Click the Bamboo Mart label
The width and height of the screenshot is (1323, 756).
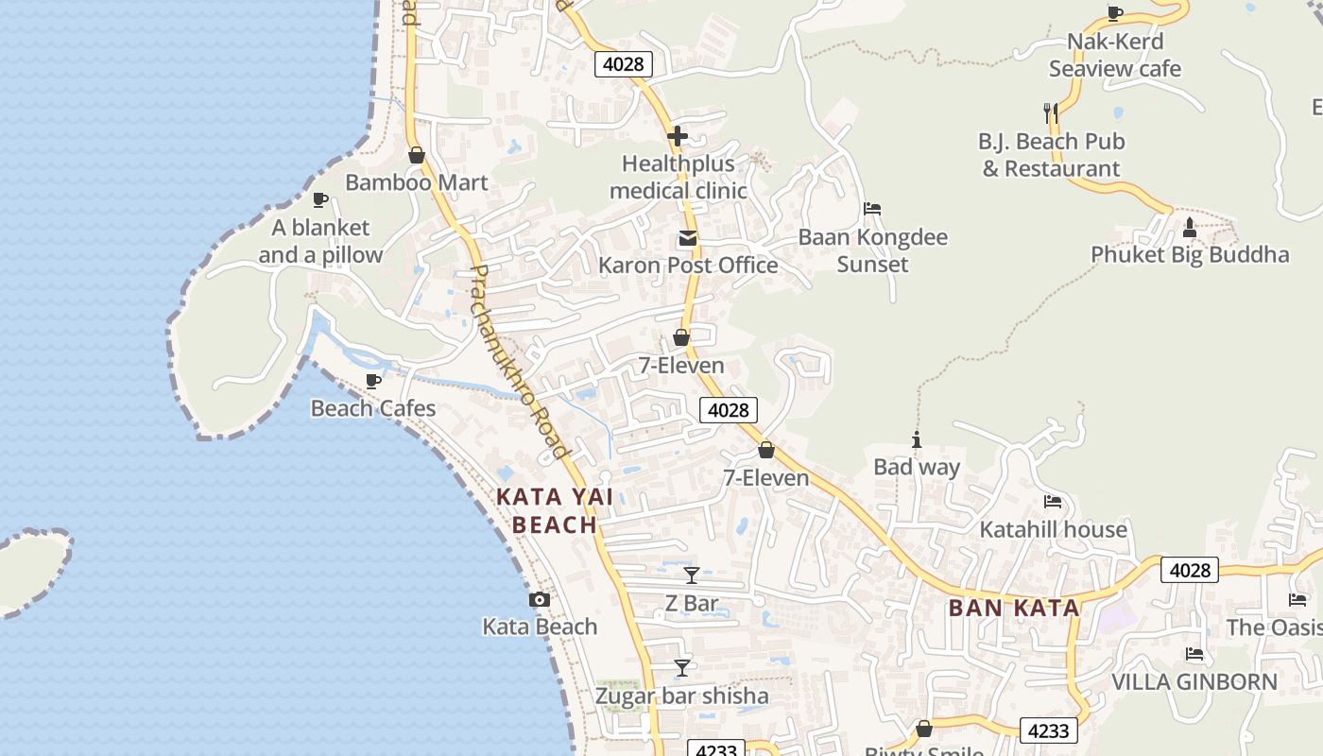tap(417, 182)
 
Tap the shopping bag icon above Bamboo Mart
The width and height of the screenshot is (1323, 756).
tap(417, 155)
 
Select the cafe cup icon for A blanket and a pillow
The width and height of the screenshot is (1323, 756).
tap(320, 199)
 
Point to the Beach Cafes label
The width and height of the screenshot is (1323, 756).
tap(373, 408)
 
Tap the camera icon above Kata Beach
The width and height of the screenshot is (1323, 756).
tap(540, 599)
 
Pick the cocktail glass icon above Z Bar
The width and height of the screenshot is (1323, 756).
tap(692, 575)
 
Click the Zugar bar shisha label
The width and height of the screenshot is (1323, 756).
tap(681, 696)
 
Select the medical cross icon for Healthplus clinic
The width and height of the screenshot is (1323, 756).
tap(678, 136)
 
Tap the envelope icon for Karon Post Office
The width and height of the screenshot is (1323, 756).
tap(688, 238)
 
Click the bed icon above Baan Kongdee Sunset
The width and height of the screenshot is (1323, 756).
tap(872, 208)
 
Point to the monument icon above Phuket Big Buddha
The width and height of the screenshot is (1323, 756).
tap(1190, 227)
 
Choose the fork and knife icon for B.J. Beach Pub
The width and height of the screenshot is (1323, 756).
tap(1051, 113)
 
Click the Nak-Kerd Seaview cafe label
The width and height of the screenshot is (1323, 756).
tap(1115, 55)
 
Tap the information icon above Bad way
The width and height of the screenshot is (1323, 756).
tap(916, 439)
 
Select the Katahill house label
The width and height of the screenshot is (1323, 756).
tap(1053, 529)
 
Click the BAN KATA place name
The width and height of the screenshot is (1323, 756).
tap(1014, 608)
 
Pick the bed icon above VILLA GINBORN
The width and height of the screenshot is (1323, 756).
tap(1194, 654)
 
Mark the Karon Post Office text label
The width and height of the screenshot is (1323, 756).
tap(688, 265)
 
